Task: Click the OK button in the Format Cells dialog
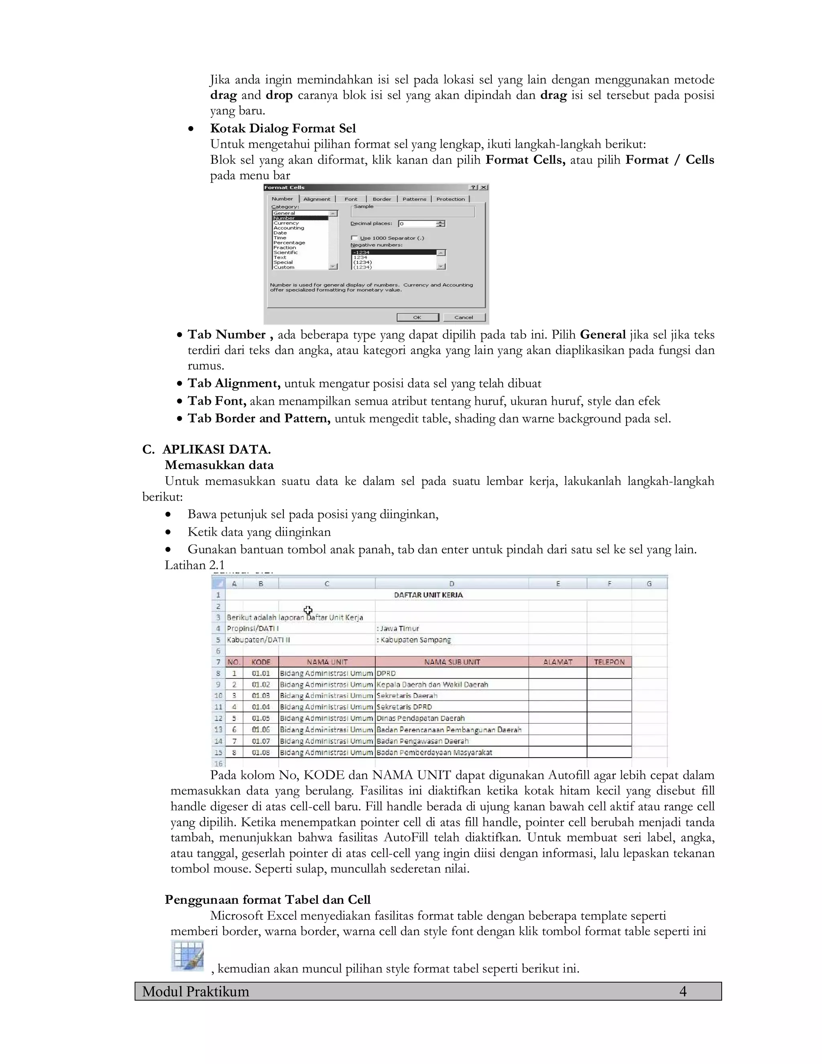click(417, 317)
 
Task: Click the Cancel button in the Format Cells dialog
click(464, 317)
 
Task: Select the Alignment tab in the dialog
click(317, 199)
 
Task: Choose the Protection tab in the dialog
click(450, 199)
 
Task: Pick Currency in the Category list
click(286, 223)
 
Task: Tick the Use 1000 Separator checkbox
click(354, 238)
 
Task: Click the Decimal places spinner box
click(421, 224)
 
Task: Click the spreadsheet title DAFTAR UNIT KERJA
click(428, 595)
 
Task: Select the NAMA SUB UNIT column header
click(452, 662)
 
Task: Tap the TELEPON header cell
click(609, 662)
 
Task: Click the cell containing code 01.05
click(260, 718)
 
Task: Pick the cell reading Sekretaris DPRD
click(404, 707)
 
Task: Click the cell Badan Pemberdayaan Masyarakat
click(434, 752)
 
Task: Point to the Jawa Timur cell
click(398, 628)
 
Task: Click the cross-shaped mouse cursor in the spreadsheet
click(308, 610)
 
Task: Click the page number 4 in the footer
click(683, 991)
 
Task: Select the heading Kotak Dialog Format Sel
click(283, 128)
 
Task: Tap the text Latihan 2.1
click(194, 565)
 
